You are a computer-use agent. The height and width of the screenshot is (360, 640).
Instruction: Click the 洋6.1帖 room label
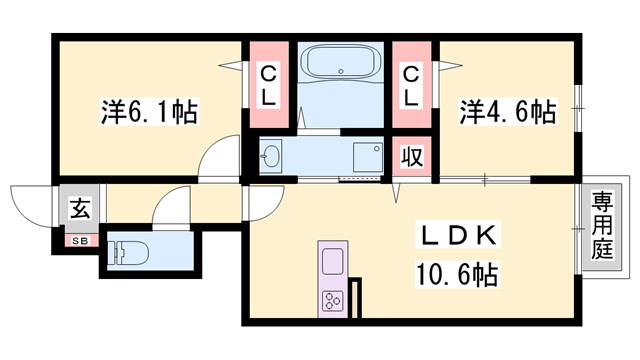tap(148, 111)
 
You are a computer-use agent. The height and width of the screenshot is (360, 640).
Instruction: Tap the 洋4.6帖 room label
tap(507, 111)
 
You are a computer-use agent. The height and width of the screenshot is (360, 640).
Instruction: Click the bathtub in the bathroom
tap(342, 66)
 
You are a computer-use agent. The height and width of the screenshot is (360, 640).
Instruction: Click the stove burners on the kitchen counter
tap(332, 298)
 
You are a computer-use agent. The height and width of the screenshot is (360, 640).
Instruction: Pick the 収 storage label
tap(411, 157)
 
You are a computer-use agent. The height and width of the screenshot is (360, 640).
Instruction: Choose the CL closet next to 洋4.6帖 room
tap(411, 84)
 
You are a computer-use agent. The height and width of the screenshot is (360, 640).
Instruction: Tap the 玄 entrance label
tap(77, 210)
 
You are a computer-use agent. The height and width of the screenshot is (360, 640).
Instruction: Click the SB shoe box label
tap(77, 240)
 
